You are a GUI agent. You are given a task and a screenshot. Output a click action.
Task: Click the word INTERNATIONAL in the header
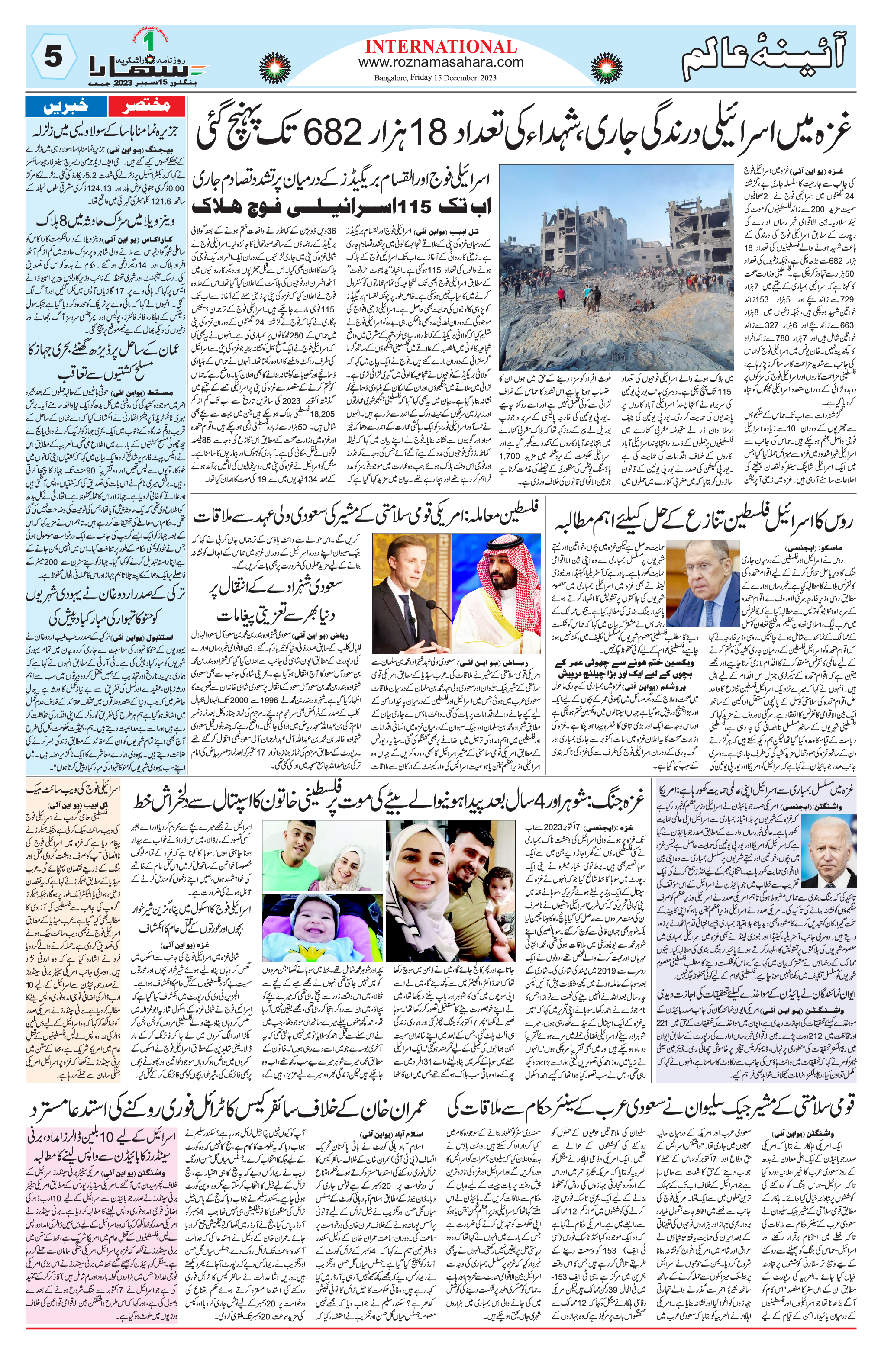(x=441, y=47)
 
